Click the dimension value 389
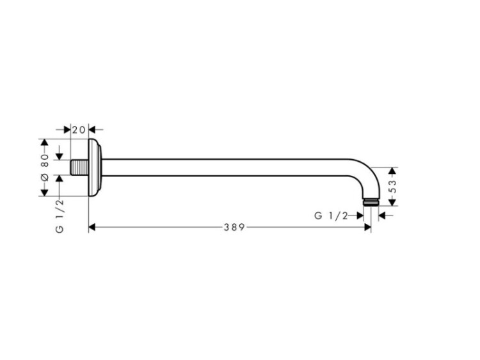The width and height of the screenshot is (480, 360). [234, 227]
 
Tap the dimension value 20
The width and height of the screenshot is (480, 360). [79, 130]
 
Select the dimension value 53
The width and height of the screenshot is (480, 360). [392, 186]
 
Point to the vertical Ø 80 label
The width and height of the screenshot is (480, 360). [45, 168]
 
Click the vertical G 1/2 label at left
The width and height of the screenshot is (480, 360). [60, 216]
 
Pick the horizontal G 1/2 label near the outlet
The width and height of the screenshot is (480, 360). [331, 216]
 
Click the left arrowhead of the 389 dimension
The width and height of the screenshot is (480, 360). [92, 227]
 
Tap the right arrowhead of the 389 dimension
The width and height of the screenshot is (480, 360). [367, 227]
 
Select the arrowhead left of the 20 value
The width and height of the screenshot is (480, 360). [67, 130]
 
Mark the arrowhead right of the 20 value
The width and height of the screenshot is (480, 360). [92, 130]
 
